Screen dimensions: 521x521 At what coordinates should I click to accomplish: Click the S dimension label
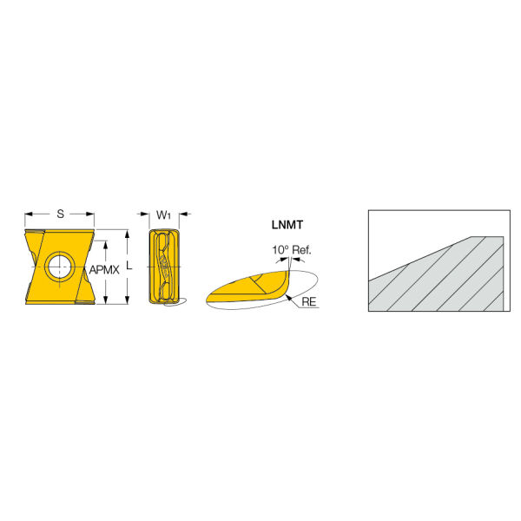click(60, 214)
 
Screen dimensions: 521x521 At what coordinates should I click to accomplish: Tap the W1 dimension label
click(163, 215)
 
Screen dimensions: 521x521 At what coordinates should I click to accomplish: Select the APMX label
click(104, 270)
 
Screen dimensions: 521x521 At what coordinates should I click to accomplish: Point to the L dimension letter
click(129, 267)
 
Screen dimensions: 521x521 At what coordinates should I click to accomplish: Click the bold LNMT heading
click(287, 225)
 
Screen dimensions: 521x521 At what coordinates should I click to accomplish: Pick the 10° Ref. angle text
click(292, 250)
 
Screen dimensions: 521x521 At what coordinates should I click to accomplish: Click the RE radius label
click(308, 301)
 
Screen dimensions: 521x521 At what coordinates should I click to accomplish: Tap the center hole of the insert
click(60, 267)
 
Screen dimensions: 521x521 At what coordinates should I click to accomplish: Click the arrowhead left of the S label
click(29, 214)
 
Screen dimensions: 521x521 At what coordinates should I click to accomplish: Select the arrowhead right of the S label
click(90, 214)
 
